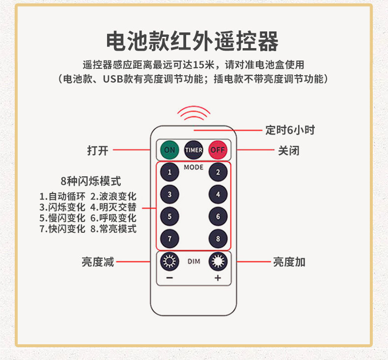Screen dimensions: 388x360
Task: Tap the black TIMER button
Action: (194, 150)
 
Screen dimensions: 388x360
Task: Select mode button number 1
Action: (169, 172)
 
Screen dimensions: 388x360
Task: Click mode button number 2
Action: (218, 172)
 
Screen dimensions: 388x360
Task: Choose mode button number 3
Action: (169, 194)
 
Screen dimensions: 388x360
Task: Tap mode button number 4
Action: (218, 194)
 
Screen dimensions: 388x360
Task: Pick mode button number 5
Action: (169, 217)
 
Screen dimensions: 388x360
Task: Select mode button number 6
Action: (218, 217)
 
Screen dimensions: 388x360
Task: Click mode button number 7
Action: (169, 239)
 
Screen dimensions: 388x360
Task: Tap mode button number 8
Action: (218, 239)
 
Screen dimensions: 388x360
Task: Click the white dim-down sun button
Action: (169, 262)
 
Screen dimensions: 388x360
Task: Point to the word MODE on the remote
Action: (194, 167)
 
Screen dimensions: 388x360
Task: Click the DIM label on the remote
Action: (194, 262)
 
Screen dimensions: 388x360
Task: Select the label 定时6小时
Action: (290, 130)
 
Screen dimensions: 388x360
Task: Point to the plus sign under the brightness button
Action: (218, 278)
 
